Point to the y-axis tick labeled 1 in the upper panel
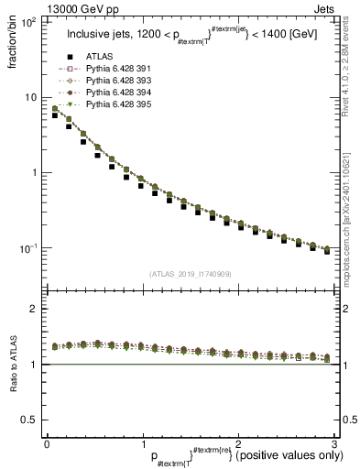[x=34, y=172]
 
